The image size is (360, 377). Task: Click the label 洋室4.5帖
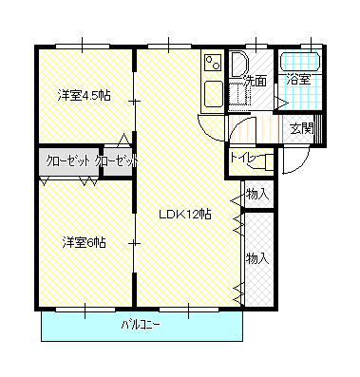[84, 95]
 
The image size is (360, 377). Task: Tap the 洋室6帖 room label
[84, 242]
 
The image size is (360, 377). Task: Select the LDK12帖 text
[184, 215]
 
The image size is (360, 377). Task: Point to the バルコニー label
[141, 326]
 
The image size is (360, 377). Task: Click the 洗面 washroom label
[254, 81]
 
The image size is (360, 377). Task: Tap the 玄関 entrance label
[301, 127]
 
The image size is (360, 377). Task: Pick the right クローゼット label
[116, 160]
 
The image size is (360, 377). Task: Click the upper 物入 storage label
[256, 194]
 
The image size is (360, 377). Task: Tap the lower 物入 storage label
[256, 258]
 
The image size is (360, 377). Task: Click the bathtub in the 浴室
[300, 64]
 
